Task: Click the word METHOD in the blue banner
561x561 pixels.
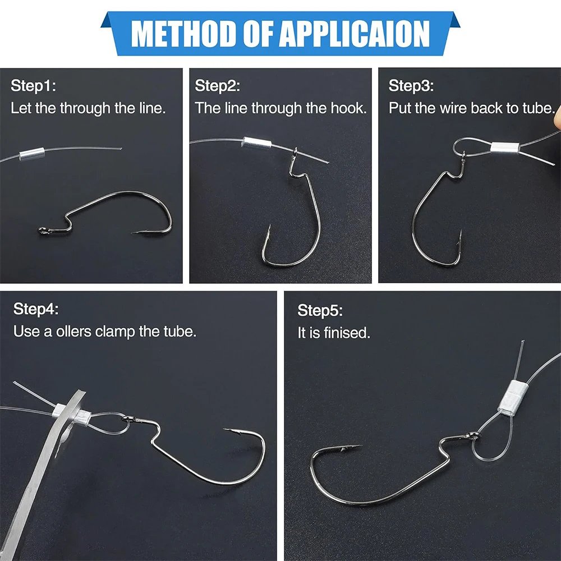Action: (185, 34)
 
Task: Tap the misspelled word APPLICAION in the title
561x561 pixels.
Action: (354, 34)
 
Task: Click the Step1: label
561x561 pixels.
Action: (33, 86)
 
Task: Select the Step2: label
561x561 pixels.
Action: (217, 86)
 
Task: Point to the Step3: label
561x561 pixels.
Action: (411, 86)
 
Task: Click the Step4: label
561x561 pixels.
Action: (36, 309)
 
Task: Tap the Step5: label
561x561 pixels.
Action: (320, 311)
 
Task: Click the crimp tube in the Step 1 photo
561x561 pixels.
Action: (32, 154)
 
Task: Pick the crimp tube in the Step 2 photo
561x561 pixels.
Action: (257, 143)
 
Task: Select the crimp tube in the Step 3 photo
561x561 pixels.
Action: (504, 148)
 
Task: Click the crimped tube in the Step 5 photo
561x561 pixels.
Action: (512, 397)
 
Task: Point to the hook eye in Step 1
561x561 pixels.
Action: (43, 231)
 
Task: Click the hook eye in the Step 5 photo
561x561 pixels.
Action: (474, 435)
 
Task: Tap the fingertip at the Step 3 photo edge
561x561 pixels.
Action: (558, 118)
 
